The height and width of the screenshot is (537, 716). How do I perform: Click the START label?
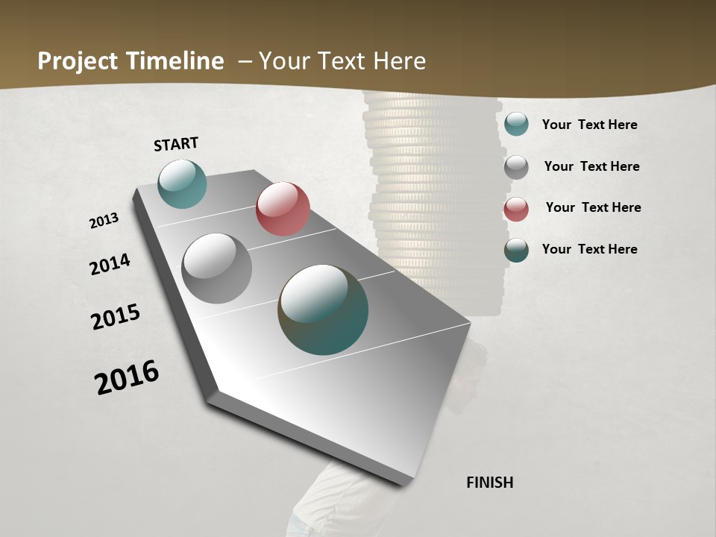(176, 144)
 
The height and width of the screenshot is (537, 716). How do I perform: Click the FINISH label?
(489, 483)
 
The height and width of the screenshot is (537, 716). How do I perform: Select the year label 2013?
(104, 221)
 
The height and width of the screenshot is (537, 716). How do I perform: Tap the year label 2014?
(110, 264)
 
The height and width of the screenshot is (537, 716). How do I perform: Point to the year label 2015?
(116, 317)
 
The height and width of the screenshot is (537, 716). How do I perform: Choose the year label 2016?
(127, 377)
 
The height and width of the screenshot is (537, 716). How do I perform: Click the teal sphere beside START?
(182, 183)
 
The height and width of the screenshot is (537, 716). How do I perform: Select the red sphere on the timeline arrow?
(283, 209)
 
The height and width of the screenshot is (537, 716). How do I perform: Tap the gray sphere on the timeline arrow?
(216, 268)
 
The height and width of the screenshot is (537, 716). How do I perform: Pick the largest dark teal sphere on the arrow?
(323, 310)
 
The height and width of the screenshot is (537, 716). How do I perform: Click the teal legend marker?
(516, 124)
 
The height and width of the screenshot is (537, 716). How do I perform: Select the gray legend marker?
(516, 166)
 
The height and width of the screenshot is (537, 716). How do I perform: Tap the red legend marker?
(516, 209)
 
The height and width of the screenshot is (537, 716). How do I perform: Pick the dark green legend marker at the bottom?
(516, 250)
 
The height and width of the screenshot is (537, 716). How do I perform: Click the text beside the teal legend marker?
(589, 125)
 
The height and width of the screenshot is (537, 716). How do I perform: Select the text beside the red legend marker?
(593, 207)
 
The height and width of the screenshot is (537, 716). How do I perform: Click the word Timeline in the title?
(175, 61)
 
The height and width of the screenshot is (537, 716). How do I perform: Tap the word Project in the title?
(78, 61)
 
